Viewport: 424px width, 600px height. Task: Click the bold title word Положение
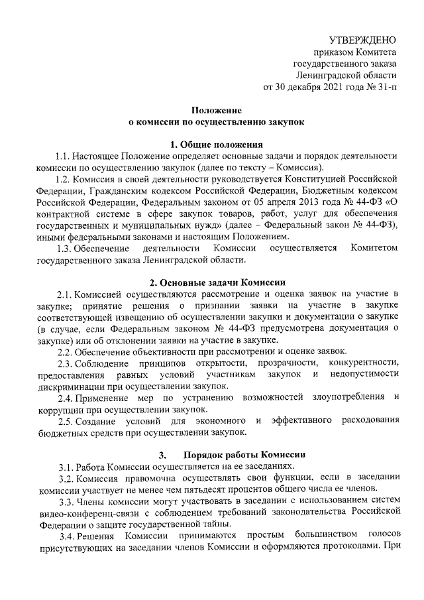click(217, 111)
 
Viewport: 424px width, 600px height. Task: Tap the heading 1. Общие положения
click(217, 145)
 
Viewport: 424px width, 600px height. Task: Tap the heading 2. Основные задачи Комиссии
click(217, 281)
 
